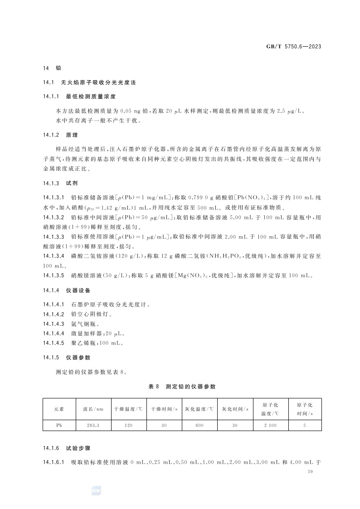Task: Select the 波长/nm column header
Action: (x=93, y=409)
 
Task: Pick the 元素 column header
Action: (x=59, y=409)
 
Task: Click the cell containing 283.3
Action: (x=93, y=426)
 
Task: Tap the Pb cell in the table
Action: (x=59, y=426)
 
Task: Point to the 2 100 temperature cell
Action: (x=270, y=426)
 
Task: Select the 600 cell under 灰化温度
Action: (x=199, y=426)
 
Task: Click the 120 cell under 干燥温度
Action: (x=128, y=426)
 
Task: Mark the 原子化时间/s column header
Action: (x=305, y=409)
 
